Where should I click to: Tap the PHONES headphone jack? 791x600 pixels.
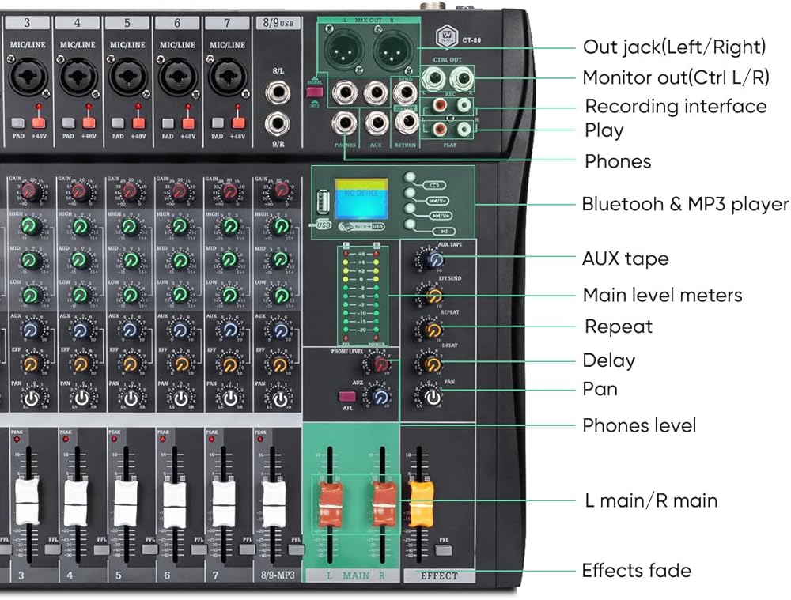[344, 123]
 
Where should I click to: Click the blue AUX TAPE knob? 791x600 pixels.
[433, 259]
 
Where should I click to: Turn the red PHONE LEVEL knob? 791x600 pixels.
[380, 364]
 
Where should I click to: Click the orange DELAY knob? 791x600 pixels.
[433, 364]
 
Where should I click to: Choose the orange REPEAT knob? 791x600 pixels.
[433, 329]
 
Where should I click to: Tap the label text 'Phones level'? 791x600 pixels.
[639, 425]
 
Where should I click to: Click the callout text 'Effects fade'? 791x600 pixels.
[636, 570]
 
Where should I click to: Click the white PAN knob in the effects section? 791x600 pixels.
[433, 398]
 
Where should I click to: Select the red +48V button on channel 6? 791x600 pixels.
[188, 123]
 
